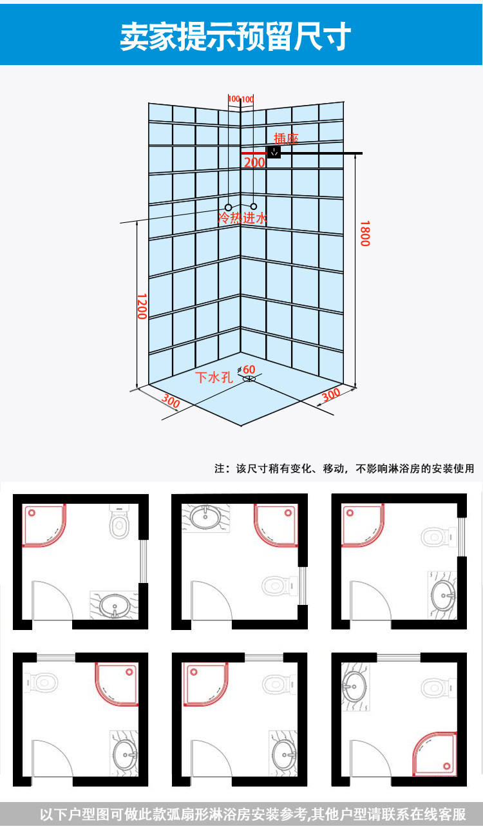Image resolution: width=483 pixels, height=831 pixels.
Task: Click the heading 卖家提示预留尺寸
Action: pyautogui.click(x=235, y=37)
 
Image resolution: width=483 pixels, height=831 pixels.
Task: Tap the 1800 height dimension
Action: pyautogui.click(x=365, y=233)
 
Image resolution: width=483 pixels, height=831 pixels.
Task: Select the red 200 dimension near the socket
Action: pyautogui.click(x=254, y=162)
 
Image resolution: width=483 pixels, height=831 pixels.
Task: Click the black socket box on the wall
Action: pyautogui.click(x=274, y=152)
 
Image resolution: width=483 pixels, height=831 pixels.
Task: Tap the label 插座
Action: pyautogui.click(x=286, y=138)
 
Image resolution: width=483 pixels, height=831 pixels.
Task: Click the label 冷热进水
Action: pyautogui.click(x=242, y=218)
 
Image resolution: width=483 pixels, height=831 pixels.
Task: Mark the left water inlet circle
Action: pyautogui.click(x=228, y=207)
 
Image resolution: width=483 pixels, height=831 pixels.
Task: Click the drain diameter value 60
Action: pyautogui.click(x=249, y=369)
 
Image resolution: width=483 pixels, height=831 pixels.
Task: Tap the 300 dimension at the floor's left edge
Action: pyautogui.click(x=170, y=401)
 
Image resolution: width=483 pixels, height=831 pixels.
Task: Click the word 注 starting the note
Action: pyautogui.click(x=220, y=468)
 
